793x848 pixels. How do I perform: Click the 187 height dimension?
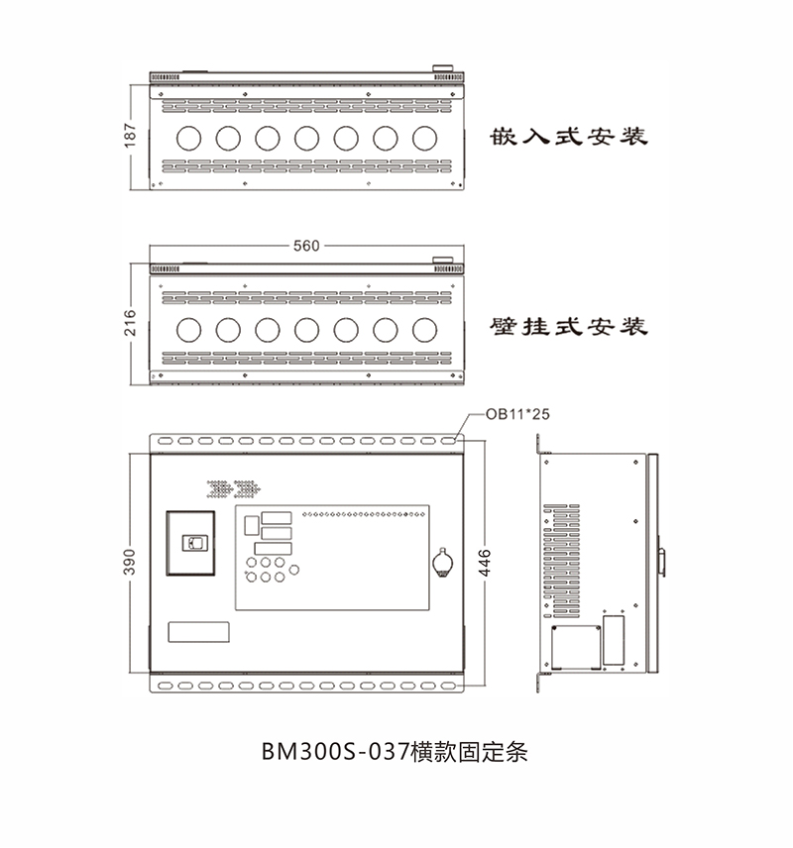(x=130, y=135)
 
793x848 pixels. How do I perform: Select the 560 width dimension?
(x=306, y=246)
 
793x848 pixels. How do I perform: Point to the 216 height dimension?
(x=130, y=323)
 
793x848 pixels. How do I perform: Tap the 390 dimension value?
(x=130, y=562)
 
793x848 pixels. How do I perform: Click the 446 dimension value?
(x=485, y=563)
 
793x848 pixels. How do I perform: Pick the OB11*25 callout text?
(x=517, y=414)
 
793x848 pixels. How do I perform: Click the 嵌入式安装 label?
(x=569, y=137)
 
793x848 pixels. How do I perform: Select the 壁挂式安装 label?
(x=569, y=327)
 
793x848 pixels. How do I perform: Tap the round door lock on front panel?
(x=443, y=564)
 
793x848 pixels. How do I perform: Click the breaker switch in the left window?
(x=194, y=543)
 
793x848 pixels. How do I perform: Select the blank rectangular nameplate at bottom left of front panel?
(x=198, y=632)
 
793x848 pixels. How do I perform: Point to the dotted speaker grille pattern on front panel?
(x=234, y=489)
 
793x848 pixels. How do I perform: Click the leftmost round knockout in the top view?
(x=189, y=139)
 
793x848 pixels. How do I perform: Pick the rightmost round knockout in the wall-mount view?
(x=424, y=330)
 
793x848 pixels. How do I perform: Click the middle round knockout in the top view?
(x=307, y=139)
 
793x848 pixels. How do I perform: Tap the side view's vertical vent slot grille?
(x=561, y=561)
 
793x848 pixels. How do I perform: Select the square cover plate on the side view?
(x=576, y=647)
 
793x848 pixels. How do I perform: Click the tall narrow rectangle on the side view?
(x=614, y=640)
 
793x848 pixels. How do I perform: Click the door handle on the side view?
(x=661, y=563)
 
